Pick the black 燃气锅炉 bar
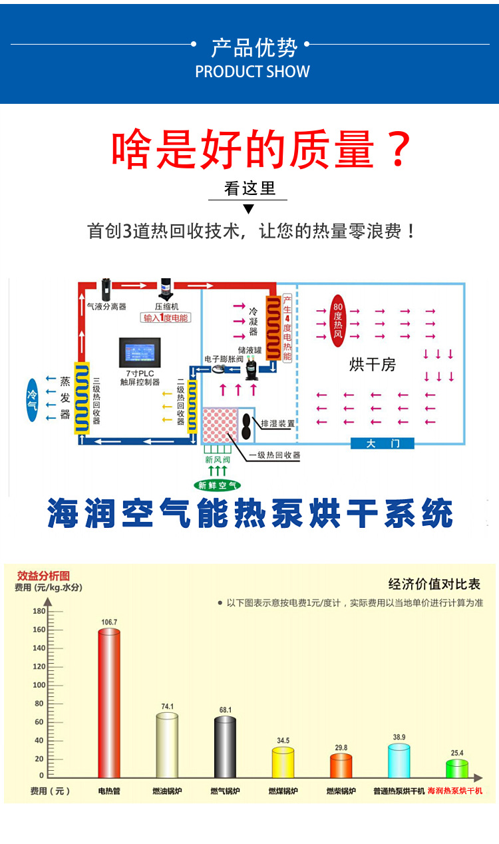pos(225,746)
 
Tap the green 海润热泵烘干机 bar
pos(457,769)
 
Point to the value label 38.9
pos(399,737)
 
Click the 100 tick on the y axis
pos(39,685)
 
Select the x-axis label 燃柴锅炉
pos(341,791)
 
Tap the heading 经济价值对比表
pos(434,584)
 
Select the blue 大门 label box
pos(382,443)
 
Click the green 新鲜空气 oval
pos(217,485)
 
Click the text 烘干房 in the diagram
pos(372,365)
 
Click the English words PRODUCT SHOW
pos(252,72)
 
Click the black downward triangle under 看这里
pos(248,209)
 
